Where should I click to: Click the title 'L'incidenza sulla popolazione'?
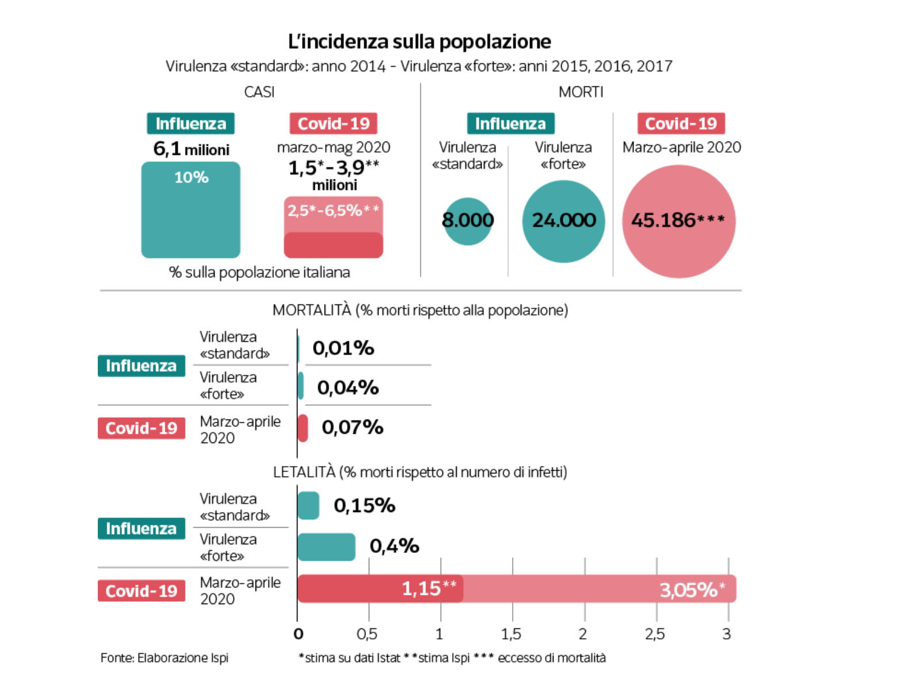(419, 41)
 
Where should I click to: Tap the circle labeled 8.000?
(468, 221)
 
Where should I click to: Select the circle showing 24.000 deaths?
(563, 221)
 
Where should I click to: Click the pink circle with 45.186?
(678, 221)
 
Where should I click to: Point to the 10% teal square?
(190, 209)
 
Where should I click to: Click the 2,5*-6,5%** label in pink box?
(333, 211)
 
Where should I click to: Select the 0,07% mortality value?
(352, 428)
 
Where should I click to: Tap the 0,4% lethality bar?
(326, 547)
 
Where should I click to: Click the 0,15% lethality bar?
(308, 506)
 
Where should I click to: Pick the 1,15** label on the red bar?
(429, 589)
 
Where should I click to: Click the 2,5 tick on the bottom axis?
(655, 634)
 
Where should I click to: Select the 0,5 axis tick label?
(367, 634)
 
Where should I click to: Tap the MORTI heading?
(581, 92)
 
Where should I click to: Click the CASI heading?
(259, 92)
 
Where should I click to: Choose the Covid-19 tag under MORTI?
(681, 124)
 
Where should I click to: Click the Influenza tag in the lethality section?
(141, 528)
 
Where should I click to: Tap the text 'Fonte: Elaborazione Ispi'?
(165, 658)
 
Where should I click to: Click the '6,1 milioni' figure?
(191, 150)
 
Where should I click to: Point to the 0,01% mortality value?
(343, 348)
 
